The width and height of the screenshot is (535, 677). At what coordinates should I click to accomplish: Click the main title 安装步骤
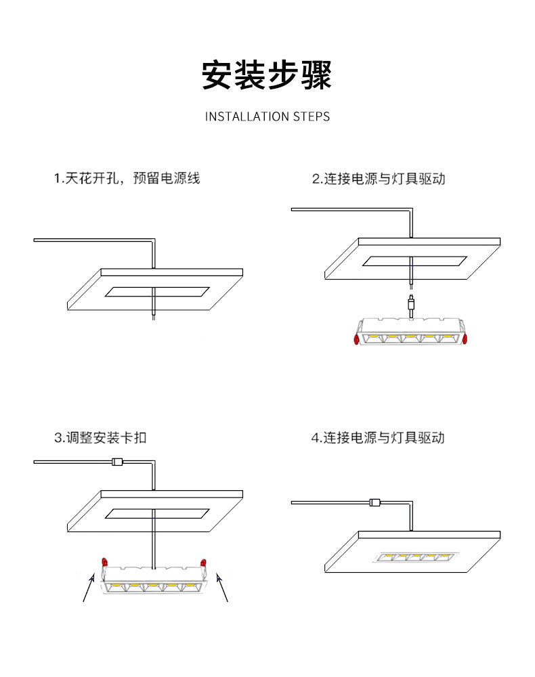(267, 75)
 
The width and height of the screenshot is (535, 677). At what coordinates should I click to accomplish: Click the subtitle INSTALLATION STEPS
(267, 116)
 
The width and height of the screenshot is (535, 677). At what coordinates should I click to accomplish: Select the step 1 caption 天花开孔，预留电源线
(127, 179)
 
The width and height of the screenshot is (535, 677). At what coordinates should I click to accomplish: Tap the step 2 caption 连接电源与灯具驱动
(379, 179)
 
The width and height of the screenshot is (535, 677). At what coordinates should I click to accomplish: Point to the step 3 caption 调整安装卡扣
(100, 437)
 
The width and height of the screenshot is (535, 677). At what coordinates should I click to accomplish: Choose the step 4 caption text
(378, 437)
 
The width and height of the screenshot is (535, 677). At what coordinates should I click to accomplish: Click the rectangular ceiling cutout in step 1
(157, 292)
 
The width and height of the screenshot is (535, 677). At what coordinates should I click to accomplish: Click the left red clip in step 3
(105, 562)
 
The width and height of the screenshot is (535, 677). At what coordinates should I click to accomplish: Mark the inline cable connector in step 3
(116, 462)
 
